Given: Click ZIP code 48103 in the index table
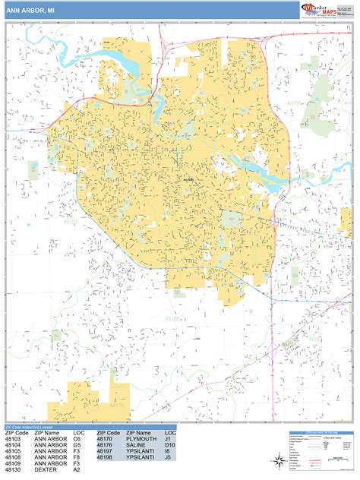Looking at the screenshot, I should coord(14,440).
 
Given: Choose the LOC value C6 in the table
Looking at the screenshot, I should coord(77,440).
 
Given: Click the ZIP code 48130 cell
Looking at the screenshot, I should coord(14,470).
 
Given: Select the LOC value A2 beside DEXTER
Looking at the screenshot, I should coord(77,470).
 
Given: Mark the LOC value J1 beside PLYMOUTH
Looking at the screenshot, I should coord(168,440).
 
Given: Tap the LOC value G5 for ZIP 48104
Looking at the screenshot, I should coord(77,446).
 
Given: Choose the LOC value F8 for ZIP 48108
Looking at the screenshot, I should coord(77,458).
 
